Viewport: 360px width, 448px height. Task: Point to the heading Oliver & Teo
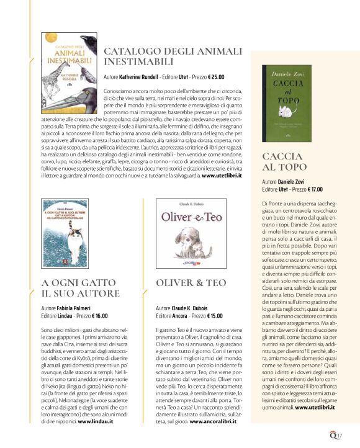191,282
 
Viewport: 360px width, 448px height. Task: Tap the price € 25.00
213,78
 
